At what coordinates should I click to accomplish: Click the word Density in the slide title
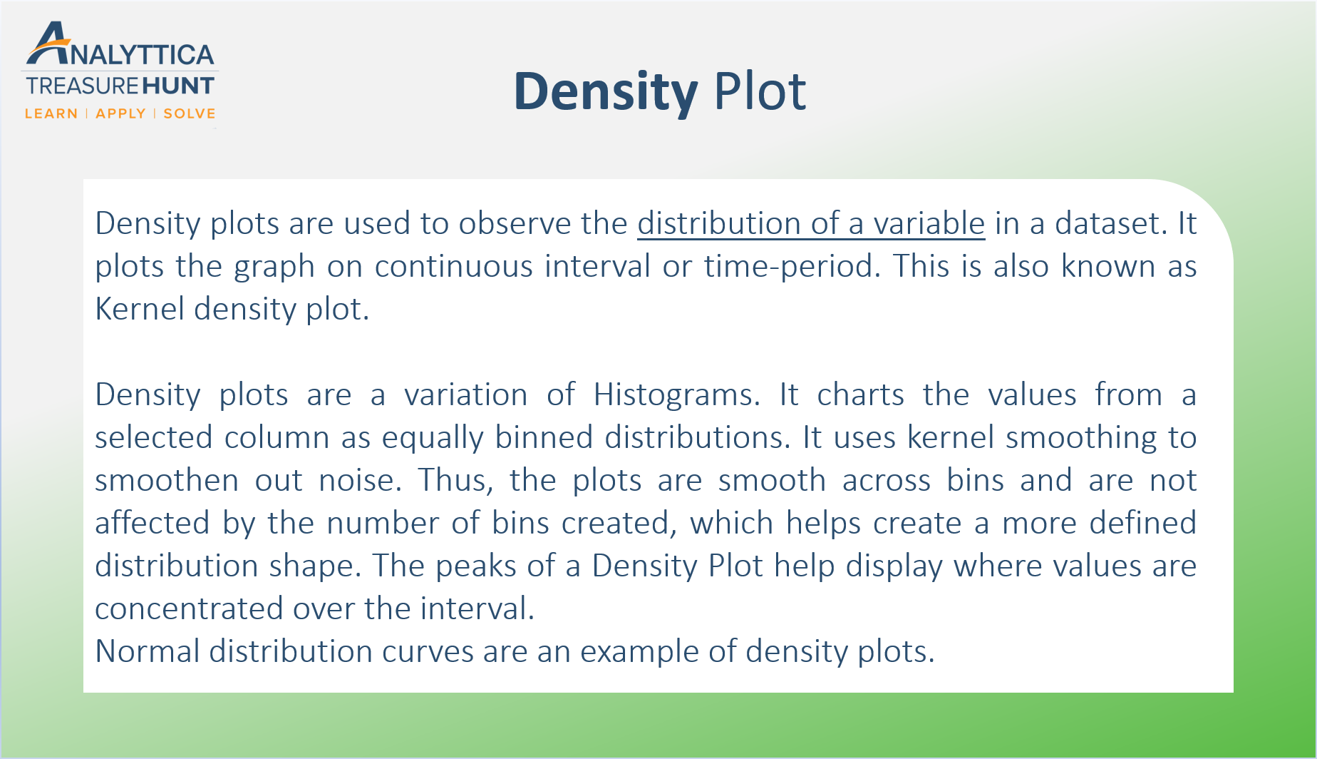606,92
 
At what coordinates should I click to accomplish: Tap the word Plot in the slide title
760,92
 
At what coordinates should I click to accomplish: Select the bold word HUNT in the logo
178,86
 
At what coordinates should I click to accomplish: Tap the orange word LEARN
51,114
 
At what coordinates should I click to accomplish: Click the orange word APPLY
120,114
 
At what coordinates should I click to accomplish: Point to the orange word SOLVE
190,114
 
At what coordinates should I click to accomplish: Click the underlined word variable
929,223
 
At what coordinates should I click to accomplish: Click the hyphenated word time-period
787,266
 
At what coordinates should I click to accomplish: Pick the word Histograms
676,394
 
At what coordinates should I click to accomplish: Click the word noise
360,480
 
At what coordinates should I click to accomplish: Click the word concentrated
189,608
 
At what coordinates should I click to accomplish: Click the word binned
544,437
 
